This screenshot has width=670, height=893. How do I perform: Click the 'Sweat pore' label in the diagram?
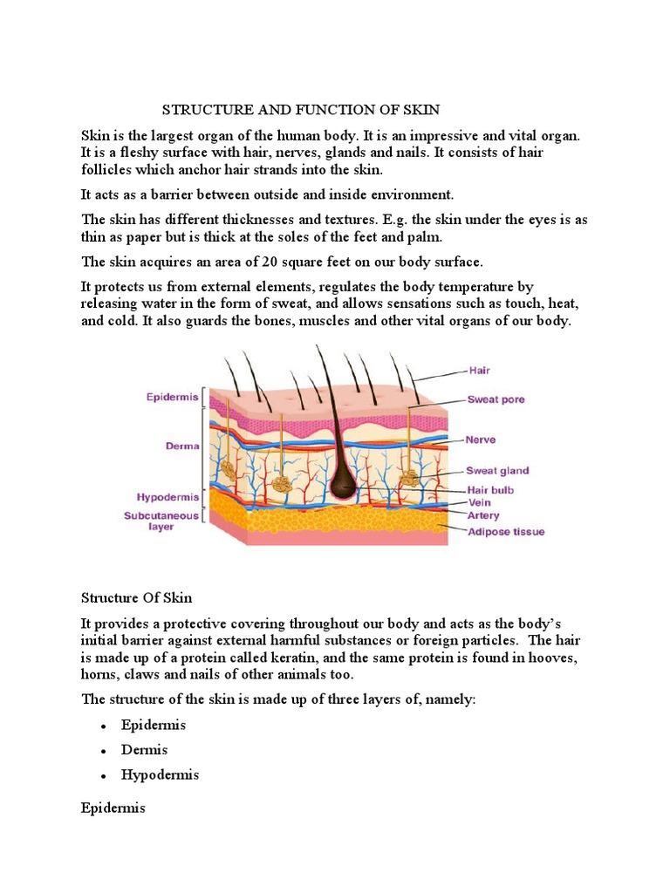[x=496, y=400]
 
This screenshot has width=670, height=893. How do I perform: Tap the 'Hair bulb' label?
[x=490, y=489]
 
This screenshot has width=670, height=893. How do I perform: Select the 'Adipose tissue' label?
[x=505, y=531]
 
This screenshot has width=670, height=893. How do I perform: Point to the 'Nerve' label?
[x=481, y=440]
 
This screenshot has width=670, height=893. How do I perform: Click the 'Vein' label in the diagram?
[x=479, y=502]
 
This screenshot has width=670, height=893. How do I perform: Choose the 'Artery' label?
[x=483, y=515]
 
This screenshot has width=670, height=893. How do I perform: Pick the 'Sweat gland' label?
[x=497, y=471]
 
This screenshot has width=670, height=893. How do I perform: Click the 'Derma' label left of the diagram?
[x=182, y=445]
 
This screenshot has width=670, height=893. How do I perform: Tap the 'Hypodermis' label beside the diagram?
[x=167, y=496]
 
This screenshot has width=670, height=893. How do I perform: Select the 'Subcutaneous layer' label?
[x=161, y=521]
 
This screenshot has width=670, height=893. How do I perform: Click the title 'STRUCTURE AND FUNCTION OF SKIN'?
[x=301, y=110]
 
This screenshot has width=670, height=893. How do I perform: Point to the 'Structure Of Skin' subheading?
[x=136, y=597]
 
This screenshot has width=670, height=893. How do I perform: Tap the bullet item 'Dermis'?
[x=145, y=750]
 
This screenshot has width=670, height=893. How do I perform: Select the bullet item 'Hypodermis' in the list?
[x=161, y=774]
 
